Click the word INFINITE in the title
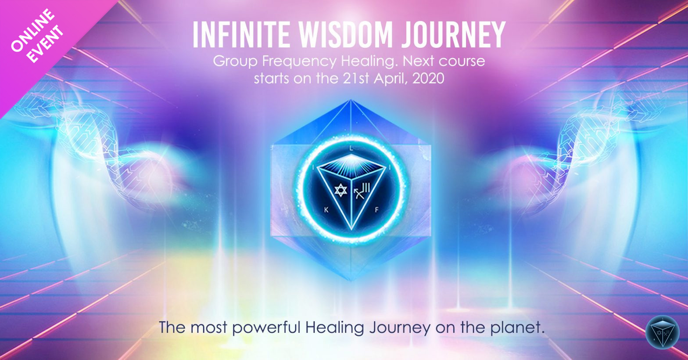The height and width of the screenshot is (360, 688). [241, 34]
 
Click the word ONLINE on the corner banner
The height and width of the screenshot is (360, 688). [33, 30]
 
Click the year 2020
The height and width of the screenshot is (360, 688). [428, 79]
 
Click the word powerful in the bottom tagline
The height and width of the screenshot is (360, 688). [266, 328]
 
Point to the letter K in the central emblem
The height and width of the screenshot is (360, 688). [326, 210]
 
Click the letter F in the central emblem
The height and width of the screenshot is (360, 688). [376, 210]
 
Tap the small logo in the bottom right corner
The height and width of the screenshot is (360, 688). [663, 333]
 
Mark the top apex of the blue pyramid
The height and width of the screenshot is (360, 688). [351, 100]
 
